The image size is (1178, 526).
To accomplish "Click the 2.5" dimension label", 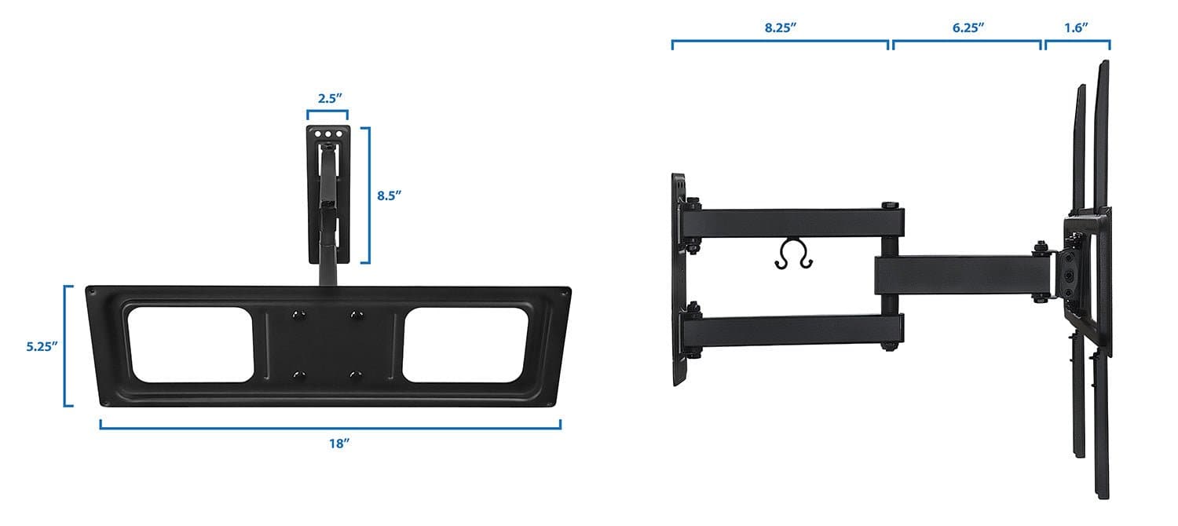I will [x=327, y=99].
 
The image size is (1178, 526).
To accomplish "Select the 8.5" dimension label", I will [x=390, y=195].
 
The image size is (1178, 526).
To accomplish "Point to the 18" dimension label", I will [x=338, y=444].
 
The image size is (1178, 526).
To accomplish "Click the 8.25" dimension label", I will [x=781, y=27].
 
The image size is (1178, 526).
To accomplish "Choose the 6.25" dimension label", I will [x=968, y=27].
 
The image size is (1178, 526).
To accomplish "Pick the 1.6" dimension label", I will [x=1075, y=27].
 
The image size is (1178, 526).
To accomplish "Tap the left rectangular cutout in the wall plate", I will [x=188, y=345].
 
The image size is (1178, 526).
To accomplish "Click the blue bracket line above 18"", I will [x=330, y=427].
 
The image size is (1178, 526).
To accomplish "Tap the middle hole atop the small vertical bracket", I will [x=328, y=134].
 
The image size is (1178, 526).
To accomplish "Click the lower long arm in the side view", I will [x=793, y=330].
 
